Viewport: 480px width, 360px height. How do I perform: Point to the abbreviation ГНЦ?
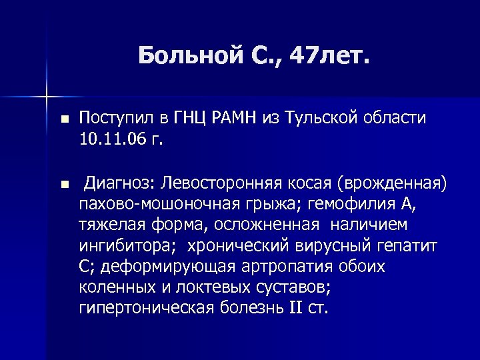click(x=195, y=119)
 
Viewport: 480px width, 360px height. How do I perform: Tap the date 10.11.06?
click(x=106, y=140)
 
